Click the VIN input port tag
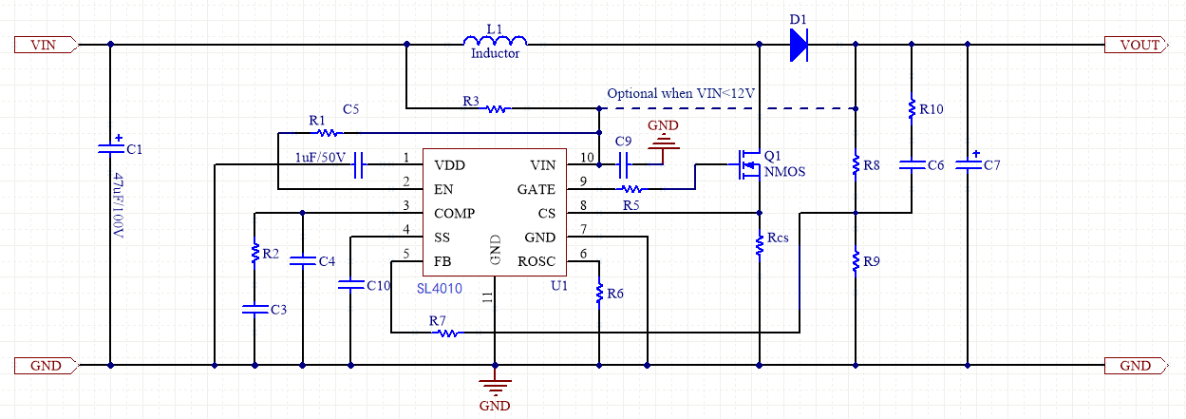47,45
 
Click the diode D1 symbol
798,45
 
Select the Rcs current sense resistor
760,245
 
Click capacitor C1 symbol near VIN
110,147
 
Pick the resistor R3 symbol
497,109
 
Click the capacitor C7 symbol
968,164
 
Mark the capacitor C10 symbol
350,283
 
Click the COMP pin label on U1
454,213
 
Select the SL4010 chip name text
440,288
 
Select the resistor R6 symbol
599,294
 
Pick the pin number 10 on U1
587,158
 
